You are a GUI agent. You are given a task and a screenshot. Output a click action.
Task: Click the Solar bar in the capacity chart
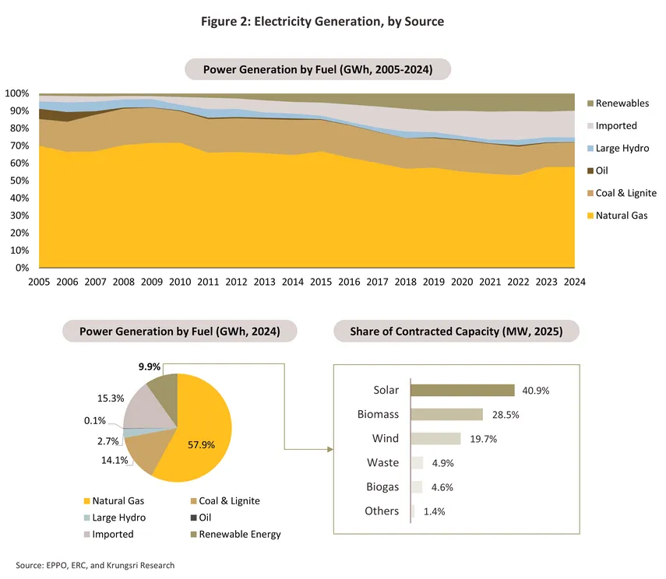[x=462, y=390]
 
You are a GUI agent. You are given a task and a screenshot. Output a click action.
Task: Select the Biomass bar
[x=446, y=414]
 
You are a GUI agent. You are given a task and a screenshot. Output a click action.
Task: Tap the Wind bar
[x=435, y=438]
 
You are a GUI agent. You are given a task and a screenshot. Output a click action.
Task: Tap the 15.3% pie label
[x=111, y=398]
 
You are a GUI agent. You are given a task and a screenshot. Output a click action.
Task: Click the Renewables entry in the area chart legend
[x=621, y=104]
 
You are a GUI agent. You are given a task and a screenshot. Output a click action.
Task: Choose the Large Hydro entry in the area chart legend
[x=622, y=148]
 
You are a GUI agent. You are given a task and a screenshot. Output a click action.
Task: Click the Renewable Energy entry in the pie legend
[x=239, y=534]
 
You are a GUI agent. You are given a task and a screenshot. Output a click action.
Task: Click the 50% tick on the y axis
[x=17, y=181]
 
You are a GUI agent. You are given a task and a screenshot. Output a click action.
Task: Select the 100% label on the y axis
[x=17, y=93]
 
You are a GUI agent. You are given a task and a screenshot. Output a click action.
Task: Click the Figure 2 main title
[x=333, y=21]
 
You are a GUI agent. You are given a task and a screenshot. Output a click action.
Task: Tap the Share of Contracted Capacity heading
[x=457, y=332]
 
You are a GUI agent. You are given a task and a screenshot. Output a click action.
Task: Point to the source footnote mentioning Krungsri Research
[x=95, y=565]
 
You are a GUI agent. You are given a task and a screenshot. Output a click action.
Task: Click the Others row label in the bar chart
[x=382, y=511]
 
